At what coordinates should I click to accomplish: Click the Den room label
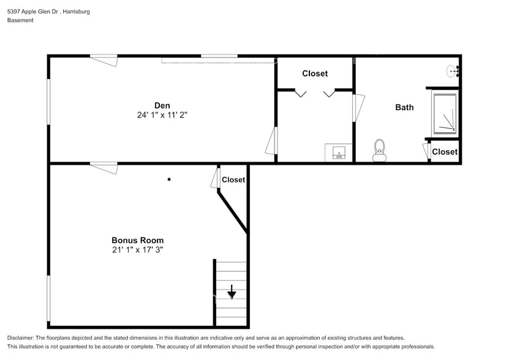162,105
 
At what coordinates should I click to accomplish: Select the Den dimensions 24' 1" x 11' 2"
162,114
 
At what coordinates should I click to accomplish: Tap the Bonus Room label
137,240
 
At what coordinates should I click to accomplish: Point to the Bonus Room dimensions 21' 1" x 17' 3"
137,250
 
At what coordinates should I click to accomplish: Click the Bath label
404,107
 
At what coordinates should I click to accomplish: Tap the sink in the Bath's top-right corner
453,72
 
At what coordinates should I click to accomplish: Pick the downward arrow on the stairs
232,292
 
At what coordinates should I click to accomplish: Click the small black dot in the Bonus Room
169,179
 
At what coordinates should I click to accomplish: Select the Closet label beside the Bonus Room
233,180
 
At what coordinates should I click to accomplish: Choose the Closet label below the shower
445,152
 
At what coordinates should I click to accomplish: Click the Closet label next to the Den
315,73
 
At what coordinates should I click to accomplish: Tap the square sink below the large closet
338,152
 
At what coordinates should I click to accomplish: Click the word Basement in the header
20,20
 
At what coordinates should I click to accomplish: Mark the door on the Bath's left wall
358,107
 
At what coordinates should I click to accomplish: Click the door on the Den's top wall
104,60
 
